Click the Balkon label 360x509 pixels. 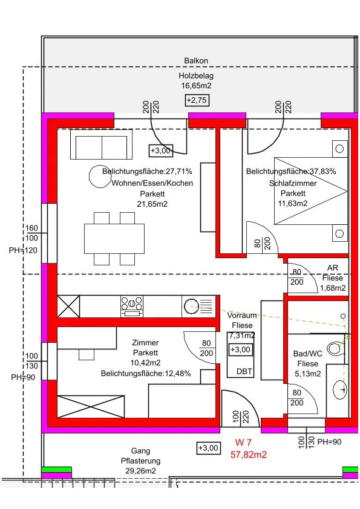coord(196,60)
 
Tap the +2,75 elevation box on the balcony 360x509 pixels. coord(197,100)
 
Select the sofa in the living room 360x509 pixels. coord(102,144)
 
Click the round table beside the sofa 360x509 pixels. coord(100,177)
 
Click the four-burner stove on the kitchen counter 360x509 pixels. coord(131,306)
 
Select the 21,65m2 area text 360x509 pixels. coord(152,204)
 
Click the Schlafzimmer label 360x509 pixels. coord(293,183)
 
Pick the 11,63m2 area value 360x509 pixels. coord(293,204)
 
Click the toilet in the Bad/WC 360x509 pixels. coord(335,349)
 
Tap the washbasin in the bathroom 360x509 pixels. coord(340,389)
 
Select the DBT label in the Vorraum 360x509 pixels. coord(244,371)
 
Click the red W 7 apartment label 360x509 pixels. coord(243,443)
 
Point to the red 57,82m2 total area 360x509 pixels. coord(249,455)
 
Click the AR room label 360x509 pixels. coord(332,268)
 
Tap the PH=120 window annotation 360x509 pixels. coord(23,250)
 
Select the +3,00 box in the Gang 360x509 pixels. coord(209,448)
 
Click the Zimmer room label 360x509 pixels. coord(145,343)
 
